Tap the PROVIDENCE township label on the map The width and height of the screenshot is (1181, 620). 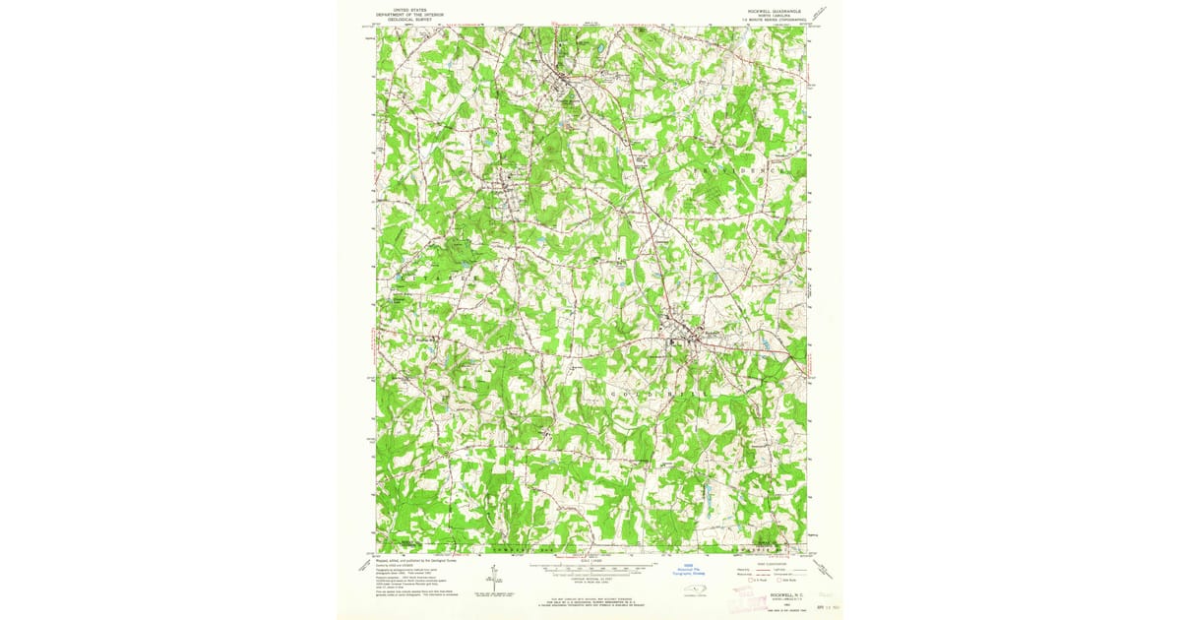[x=744, y=170]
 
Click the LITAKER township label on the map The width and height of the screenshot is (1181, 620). [x=429, y=279]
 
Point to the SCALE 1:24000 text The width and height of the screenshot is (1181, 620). [x=590, y=562]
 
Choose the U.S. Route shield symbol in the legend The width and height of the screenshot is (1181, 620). [x=740, y=582]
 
